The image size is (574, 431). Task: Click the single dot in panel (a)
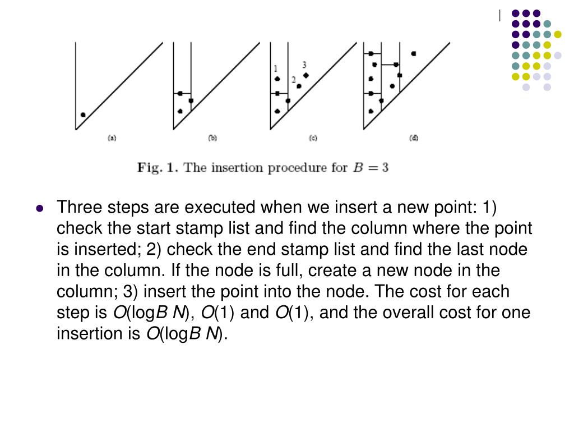point(83,115)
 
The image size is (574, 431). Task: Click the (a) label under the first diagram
point(112,137)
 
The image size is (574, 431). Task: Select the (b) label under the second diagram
point(212,137)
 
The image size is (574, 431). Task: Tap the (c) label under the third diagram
point(313,137)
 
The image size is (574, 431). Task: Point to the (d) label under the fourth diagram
point(414,137)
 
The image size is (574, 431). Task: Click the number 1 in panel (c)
point(276,68)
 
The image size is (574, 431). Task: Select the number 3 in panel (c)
point(304,65)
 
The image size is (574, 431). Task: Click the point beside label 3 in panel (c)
point(305,75)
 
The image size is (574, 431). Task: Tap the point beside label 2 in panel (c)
point(299,86)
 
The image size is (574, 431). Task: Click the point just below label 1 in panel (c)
point(277,79)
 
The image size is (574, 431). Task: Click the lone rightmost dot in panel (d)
point(414,54)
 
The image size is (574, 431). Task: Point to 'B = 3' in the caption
point(370,167)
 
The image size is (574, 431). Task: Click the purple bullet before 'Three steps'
point(39,208)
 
